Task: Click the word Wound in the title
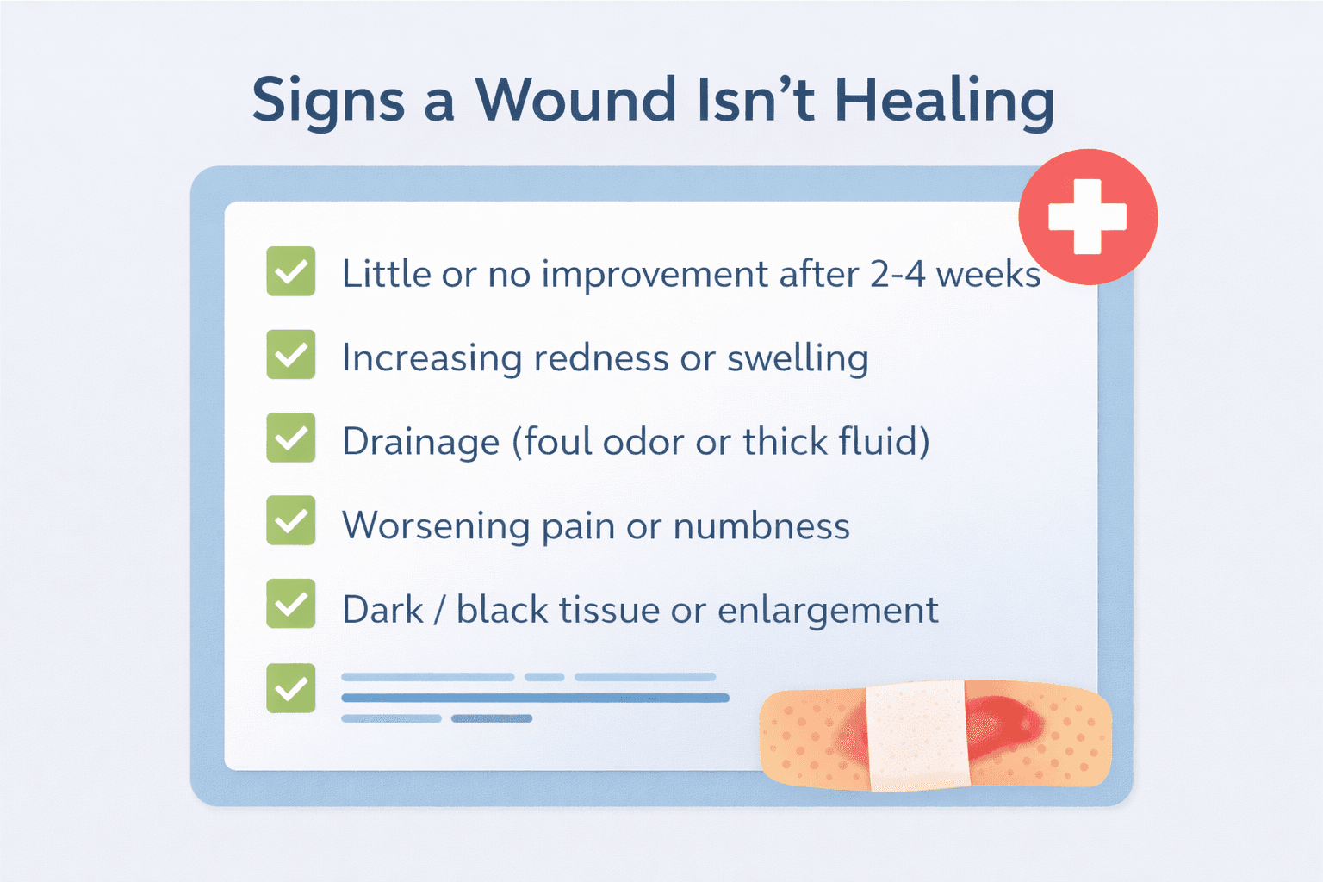575,100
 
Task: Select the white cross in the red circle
1087,217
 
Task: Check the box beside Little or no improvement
291,271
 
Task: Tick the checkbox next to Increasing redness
291,354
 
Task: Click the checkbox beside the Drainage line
291,438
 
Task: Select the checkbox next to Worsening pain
291,521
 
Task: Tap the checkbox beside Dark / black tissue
291,604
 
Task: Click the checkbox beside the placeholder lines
291,687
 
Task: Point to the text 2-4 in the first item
898,274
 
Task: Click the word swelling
798,358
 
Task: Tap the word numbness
761,525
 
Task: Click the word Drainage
420,442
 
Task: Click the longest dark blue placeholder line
535,698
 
